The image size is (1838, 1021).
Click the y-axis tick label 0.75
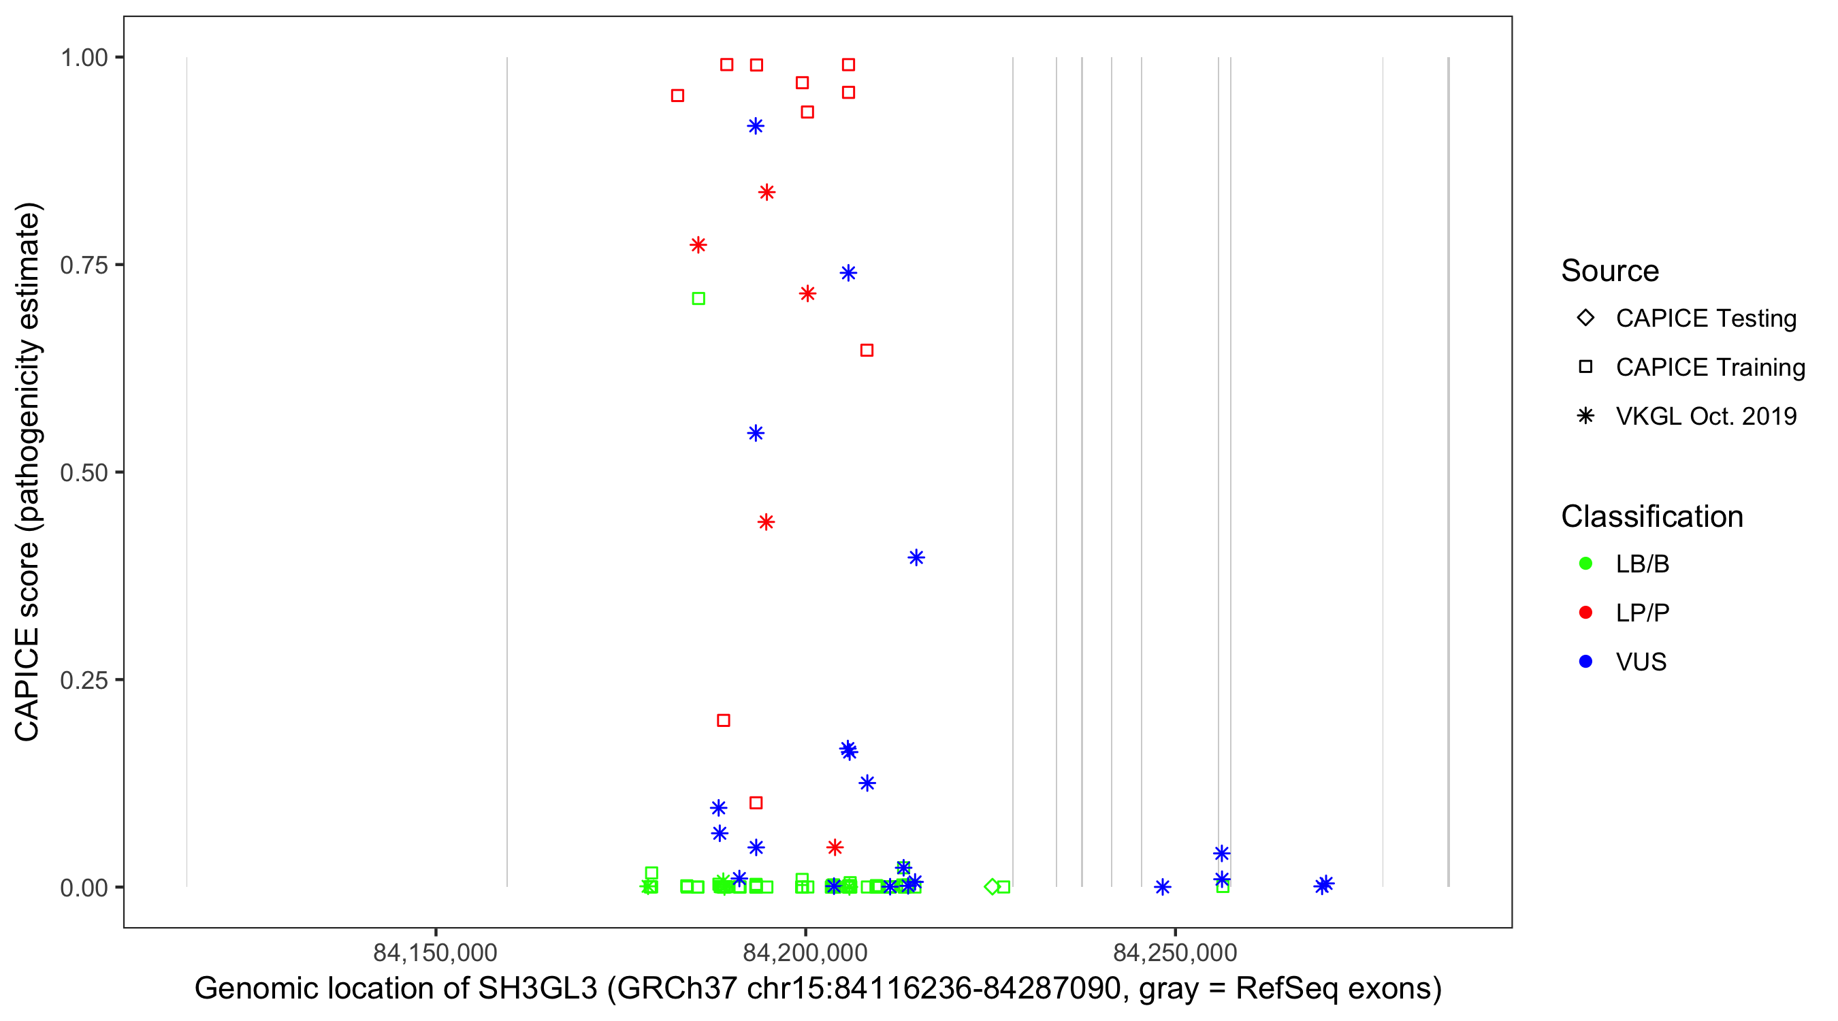(83, 265)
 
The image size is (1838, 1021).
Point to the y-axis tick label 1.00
(83, 58)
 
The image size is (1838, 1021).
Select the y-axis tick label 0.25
(83, 680)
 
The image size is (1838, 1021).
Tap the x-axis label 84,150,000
(435, 952)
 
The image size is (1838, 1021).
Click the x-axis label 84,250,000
(1175, 952)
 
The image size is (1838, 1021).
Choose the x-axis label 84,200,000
(805, 952)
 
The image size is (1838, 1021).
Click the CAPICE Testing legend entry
(1705, 319)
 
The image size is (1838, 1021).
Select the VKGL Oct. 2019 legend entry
(1705, 416)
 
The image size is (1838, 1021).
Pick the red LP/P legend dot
(1585, 613)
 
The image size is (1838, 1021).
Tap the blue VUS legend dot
(1585, 662)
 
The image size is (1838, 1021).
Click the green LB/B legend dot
(1585, 564)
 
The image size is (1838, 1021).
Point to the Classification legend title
(1651, 517)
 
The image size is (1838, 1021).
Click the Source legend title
(1610, 271)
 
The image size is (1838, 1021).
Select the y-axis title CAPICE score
(29, 472)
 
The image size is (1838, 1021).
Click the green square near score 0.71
(698, 299)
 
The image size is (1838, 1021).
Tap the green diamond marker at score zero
(992, 887)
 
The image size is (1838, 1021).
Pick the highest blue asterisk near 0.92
(756, 127)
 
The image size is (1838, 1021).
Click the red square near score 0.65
(867, 351)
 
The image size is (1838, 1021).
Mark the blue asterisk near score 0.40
(916, 558)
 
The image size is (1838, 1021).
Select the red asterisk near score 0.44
(767, 522)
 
